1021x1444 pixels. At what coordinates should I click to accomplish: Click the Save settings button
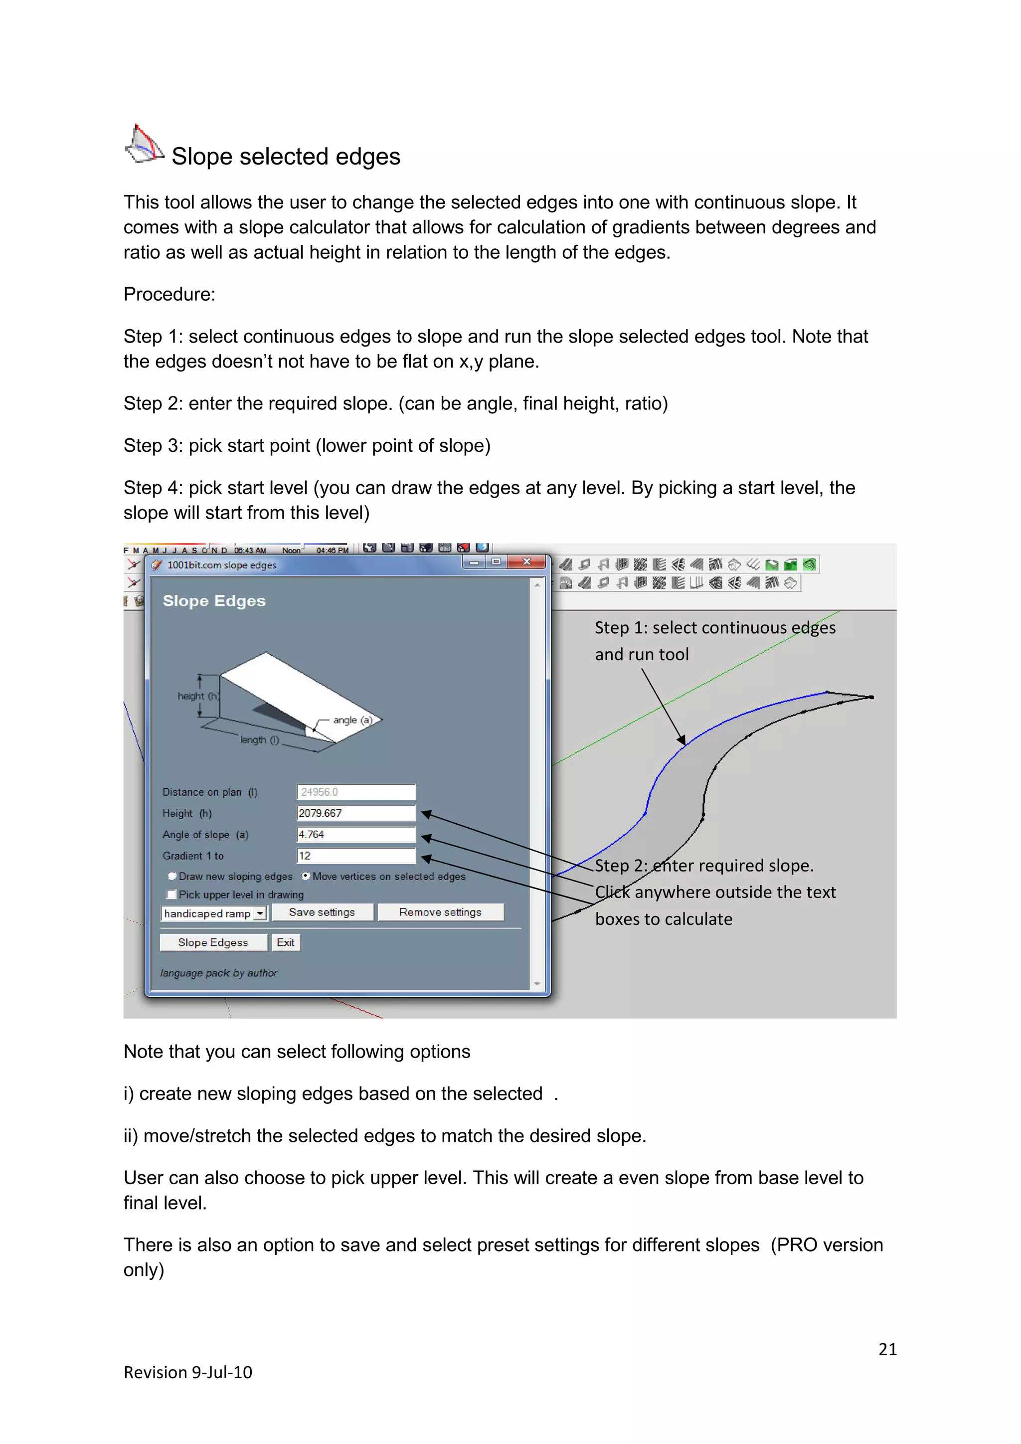point(322,912)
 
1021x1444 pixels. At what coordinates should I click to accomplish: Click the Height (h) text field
point(356,813)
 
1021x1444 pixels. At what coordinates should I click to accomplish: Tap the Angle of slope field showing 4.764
point(356,835)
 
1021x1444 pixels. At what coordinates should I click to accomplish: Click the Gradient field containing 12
point(356,856)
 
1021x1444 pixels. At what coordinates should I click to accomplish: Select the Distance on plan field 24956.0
point(356,792)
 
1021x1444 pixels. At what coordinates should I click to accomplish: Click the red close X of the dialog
point(527,561)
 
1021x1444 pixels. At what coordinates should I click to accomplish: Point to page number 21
point(887,1349)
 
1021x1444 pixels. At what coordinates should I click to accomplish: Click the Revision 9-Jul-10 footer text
point(187,1372)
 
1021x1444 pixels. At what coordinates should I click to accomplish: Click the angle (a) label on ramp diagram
point(352,720)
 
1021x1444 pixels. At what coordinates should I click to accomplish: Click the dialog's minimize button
point(474,562)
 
